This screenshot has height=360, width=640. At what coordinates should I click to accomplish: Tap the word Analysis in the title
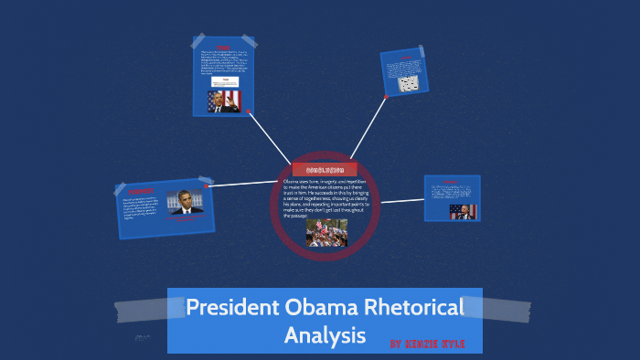click(325, 335)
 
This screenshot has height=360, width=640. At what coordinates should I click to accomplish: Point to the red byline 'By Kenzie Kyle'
click(427, 344)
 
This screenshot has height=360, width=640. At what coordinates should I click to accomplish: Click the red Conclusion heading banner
click(325, 170)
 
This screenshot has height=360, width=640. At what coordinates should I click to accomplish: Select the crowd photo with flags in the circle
click(325, 232)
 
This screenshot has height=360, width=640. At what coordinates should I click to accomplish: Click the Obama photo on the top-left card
click(222, 101)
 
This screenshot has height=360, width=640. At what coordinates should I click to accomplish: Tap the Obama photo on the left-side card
click(186, 203)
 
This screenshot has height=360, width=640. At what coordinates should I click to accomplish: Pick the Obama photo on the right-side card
click(463, 210)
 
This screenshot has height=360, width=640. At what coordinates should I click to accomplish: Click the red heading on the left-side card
click(141, 193)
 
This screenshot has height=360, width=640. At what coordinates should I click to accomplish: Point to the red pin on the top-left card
click(248, 111)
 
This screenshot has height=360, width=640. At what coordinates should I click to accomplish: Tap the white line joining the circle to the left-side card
click(242, 183)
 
